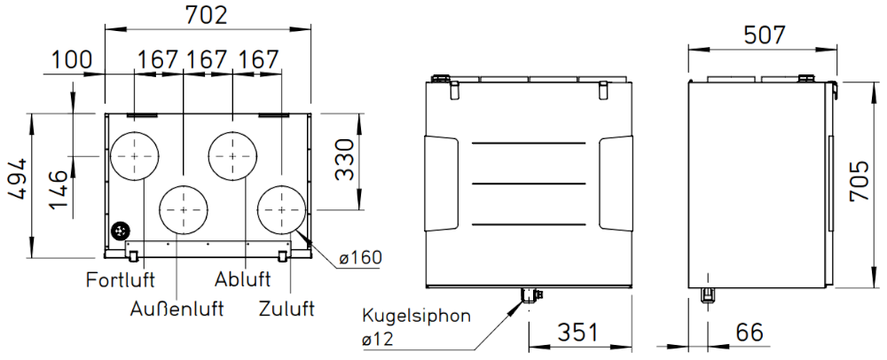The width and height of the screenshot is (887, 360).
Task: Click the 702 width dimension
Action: tap(206, 15)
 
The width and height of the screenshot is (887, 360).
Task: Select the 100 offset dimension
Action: tap(72, 59)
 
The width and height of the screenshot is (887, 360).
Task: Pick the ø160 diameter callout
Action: tap(360, 258)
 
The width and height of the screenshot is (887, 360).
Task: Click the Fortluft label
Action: tap(121, 279)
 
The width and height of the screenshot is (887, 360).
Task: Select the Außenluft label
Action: tap(177, 309)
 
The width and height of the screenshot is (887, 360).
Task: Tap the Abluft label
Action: tap(243, 279)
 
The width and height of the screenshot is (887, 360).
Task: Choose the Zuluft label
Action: tap(287, 309)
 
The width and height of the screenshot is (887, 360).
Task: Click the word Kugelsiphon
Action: tap(416, 316)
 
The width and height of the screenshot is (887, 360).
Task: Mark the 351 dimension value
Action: tap(577, 333)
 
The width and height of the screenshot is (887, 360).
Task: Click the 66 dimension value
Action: tap(750, 333)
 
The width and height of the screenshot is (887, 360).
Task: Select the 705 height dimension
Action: tap(860, 182)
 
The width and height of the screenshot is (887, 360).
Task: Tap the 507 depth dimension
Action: tap(765, 35)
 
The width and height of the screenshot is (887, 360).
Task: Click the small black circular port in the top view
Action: tap(120, 231)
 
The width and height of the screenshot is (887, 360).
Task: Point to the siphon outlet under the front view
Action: tap(530, 295)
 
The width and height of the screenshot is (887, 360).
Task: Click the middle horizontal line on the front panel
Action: tap(529, 184)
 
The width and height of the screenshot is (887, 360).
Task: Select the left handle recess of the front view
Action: tap(441, 184)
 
